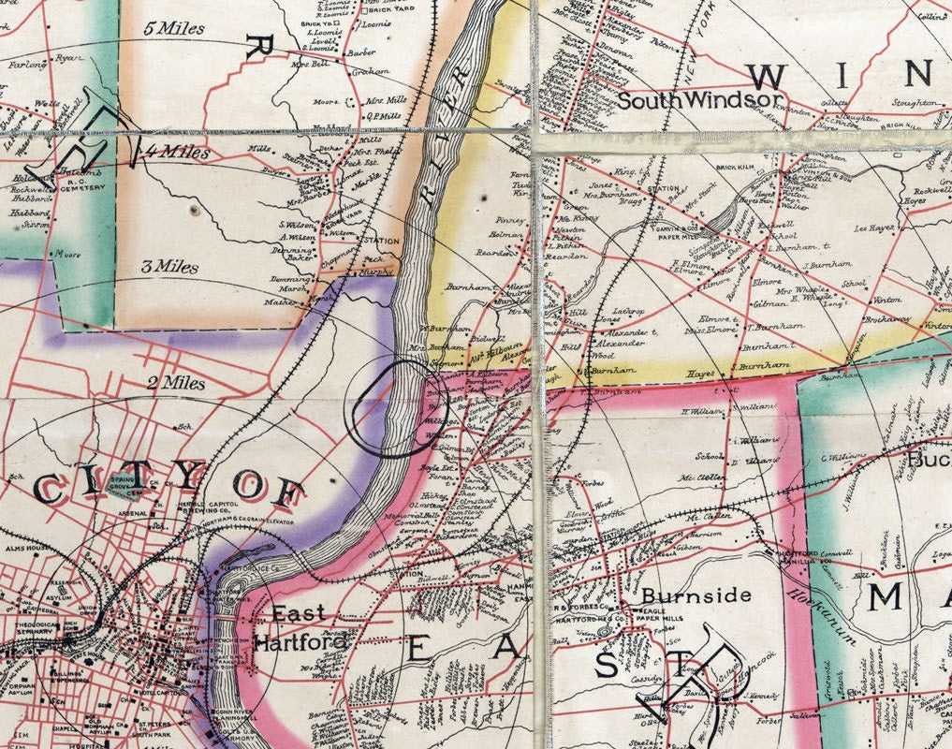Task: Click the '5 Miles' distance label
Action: (175, 28)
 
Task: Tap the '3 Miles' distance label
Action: (169, 267)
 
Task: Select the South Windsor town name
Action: (698, 100)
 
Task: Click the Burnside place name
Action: (696, 595)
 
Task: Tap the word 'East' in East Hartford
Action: (299, 614)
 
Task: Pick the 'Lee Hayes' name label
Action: (875, 228)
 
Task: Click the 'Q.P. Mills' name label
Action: (381, 116)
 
